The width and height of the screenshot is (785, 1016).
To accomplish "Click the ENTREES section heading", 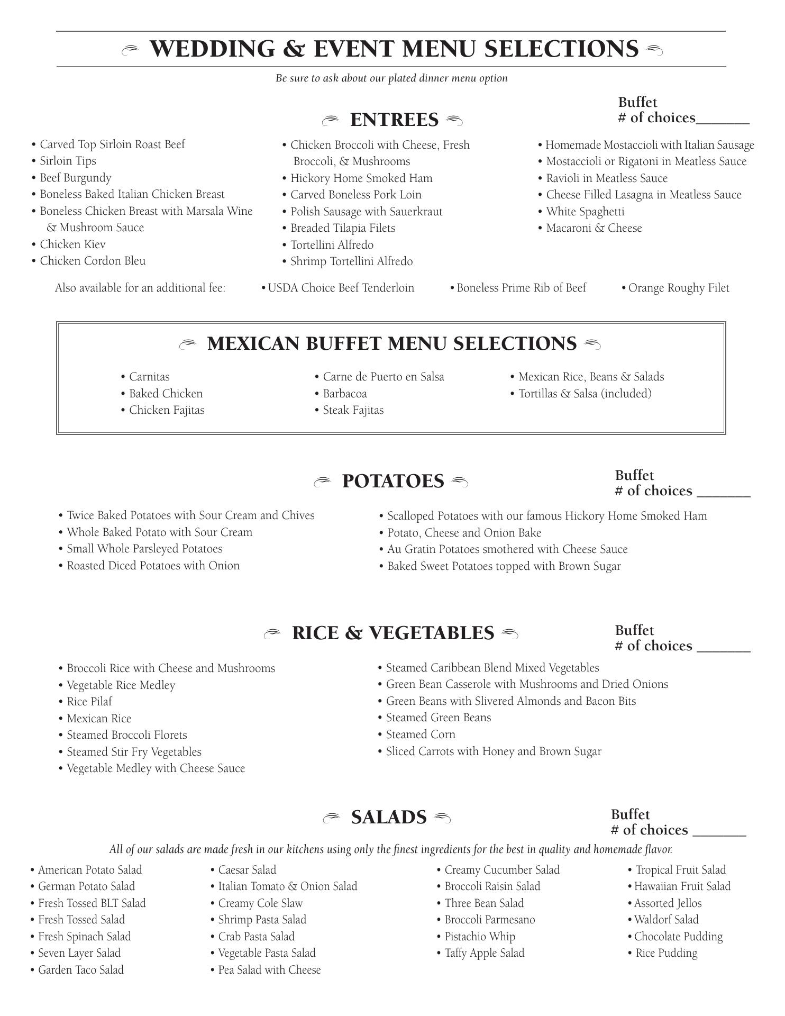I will pos(394,120).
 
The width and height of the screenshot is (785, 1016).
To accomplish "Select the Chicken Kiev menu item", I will pos(72,244).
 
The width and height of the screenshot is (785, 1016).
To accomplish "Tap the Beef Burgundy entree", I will pos(75,178).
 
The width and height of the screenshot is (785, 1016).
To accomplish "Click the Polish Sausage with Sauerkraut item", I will pos(366,212).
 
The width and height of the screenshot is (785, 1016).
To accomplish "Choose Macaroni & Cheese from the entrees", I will pos(594,228).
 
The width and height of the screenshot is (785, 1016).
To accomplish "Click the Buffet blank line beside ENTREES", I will pos(723,122).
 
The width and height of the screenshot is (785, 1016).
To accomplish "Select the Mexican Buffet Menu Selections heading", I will pos(391,344).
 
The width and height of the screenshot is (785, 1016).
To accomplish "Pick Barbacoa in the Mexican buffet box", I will pos(344,394).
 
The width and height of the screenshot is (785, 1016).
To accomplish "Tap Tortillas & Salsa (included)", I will pos(585,394).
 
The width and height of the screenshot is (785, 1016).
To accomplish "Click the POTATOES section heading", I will pos(392,482).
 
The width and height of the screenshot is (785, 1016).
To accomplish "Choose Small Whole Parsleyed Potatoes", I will pos(144,549).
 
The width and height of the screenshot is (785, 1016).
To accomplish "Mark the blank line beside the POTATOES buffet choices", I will pos(724,495).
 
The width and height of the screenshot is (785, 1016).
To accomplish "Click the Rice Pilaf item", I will pos(89,702).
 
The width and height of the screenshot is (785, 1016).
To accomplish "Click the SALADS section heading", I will pos(389,818).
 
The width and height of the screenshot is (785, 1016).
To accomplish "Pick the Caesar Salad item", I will pos(247,870).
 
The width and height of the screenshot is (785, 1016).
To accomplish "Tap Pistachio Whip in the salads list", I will pos(479,937).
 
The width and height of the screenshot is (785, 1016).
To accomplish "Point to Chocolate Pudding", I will pos(678,937).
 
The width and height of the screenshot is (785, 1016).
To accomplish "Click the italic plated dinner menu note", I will pos(391,78).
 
